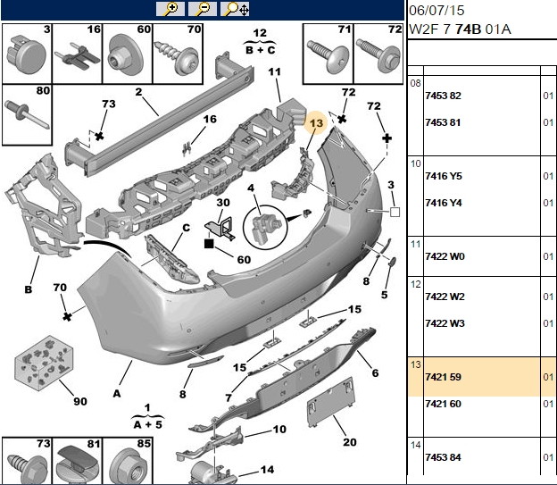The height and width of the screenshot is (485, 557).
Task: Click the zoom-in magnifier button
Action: (x=170, y=9)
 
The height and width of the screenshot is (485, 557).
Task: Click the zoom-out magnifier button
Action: (x=202, y=9)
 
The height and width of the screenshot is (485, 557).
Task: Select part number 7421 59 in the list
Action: (x=443, y=377)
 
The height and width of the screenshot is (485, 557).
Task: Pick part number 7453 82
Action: (x=443, y=96)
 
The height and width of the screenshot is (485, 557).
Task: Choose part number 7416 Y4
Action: (x=444, y=203)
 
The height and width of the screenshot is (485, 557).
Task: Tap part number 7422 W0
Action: (x=445, y=256)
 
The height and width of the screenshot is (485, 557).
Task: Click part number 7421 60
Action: (x=443, y=404)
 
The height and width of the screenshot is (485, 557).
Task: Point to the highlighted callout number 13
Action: (x=316, y=123)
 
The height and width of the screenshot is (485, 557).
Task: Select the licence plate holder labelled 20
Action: (x=331, y=402)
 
